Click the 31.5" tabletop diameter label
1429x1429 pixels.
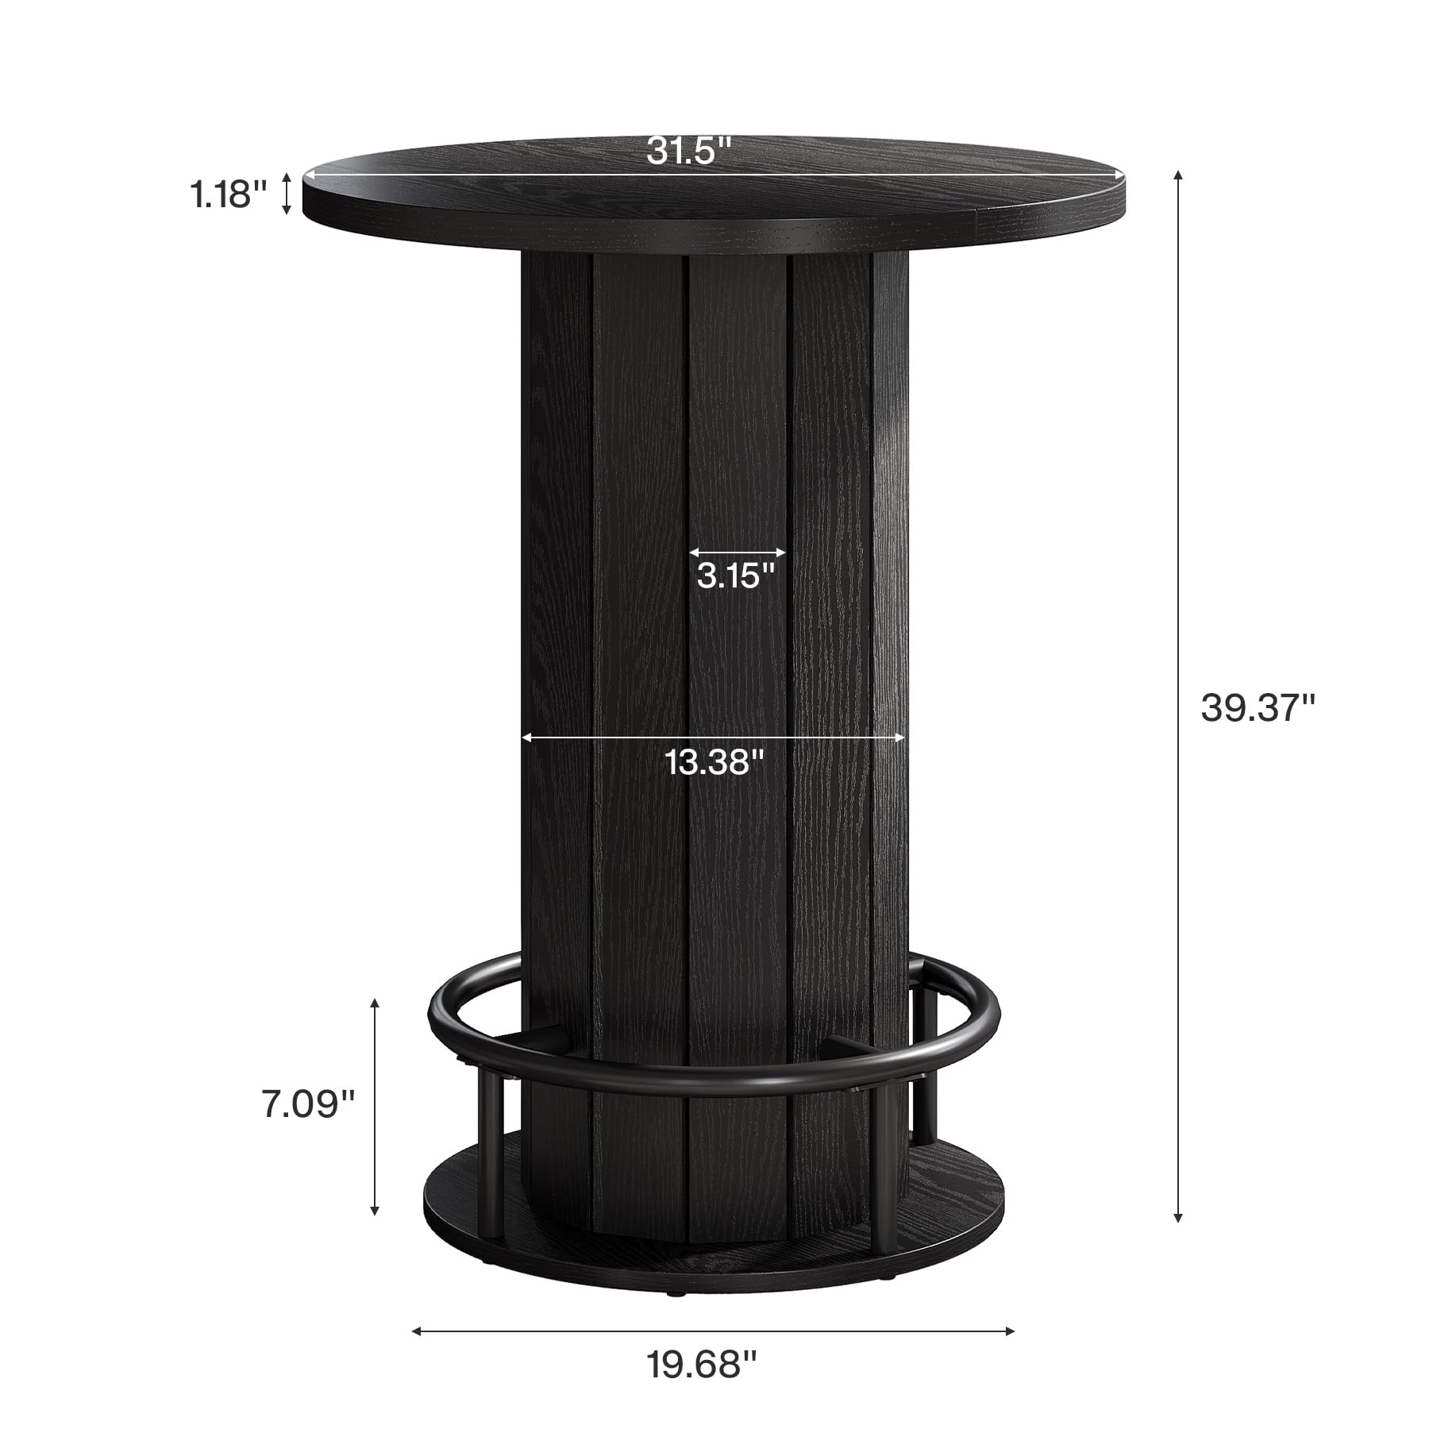(x=688, y=149)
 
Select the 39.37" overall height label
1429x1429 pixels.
(x=1258, y=707)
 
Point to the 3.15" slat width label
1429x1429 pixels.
(x=736, y=576)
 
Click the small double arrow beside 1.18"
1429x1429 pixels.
(x=287, y=195)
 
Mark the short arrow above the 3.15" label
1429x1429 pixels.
(x=737, y=552)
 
